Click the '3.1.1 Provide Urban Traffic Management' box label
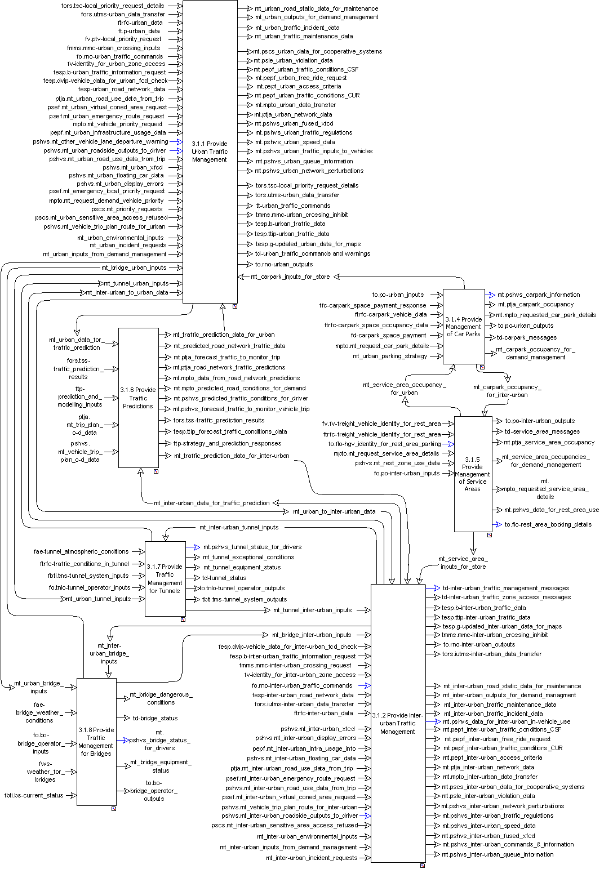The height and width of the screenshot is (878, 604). click(210, 151)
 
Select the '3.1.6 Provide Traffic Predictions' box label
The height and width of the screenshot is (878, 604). click(138, 398)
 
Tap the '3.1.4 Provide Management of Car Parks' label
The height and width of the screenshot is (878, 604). click(464, 327)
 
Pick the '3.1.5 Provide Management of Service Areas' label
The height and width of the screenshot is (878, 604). click(472, 474)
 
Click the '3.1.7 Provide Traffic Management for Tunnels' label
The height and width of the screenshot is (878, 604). click(165, 578)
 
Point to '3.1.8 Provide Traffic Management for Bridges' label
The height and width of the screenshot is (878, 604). click(96, 742)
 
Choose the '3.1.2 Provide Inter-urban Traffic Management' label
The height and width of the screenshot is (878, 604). click(397, 723)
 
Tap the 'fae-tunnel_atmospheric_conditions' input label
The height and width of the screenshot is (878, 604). click(81, 551)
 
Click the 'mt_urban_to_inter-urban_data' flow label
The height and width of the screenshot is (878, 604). click(334, 511)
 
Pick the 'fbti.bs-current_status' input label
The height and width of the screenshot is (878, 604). click(34, 795)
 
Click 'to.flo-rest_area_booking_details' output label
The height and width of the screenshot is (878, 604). click(548, 524)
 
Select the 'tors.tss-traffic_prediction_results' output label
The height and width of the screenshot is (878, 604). click(219, 420)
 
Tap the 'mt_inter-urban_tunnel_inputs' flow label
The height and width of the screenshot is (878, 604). click(239, 527)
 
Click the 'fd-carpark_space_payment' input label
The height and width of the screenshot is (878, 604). click(389, 335)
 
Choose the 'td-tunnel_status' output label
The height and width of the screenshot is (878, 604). click(224, 578)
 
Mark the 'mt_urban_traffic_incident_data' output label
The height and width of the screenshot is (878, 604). click(297, 27)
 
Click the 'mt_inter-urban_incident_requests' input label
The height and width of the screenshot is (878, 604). click(312, 858)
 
